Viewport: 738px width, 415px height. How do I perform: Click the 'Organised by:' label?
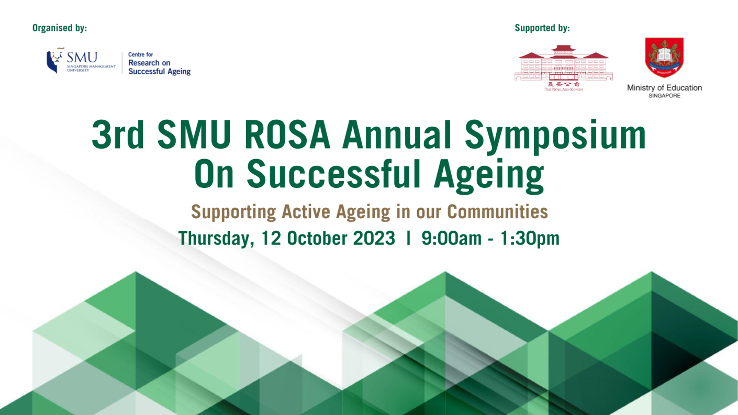click(60, 28)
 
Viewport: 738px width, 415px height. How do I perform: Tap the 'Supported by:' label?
click(542, 28)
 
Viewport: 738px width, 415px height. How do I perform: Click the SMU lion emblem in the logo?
click(54, 61)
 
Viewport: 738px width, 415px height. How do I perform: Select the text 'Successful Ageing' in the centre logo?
click(159, 72)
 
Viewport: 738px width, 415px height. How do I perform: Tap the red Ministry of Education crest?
click(664, 57)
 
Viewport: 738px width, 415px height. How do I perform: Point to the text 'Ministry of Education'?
click(664, 88)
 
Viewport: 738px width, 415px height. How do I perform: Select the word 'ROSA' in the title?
click(287, 135)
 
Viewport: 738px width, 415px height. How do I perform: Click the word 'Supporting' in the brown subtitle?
click(233, 212)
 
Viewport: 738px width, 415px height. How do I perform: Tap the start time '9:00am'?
click(451, 238)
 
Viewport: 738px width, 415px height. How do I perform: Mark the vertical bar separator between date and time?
click(408, 238)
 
